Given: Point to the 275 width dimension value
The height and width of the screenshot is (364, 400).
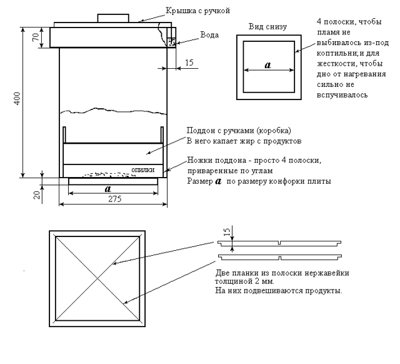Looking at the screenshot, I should pyautogui.click(x=114, y=200).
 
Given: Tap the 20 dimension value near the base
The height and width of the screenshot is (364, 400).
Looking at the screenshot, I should pyautogui.click(x=36, y=193).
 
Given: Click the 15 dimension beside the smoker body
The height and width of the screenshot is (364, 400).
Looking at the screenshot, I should pyautogui.click(x=189, y=62).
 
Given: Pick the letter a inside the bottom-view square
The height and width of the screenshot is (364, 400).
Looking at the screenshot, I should pyautogui.click(x=267, y=64).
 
